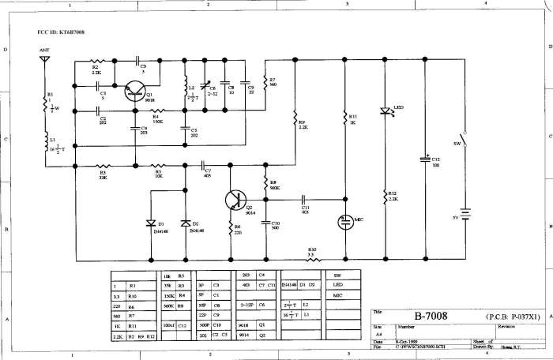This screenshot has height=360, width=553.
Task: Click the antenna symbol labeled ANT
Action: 45,58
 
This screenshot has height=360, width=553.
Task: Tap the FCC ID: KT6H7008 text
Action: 62,32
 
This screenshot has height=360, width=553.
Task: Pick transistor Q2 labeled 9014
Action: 235,201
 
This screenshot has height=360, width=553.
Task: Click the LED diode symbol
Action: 386,111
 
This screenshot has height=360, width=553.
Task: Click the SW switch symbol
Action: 465,147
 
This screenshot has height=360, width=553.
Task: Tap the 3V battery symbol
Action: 465,214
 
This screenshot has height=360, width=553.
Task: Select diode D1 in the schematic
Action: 151,223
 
